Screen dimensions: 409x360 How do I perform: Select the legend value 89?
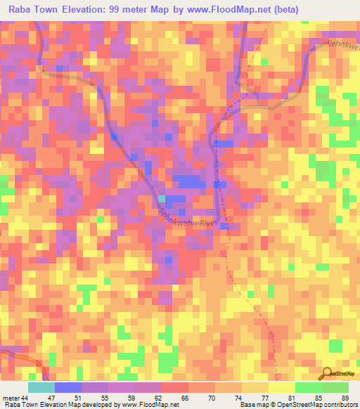click(x=345, y=398)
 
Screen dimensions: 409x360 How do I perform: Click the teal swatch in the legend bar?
click(x=41, y=387)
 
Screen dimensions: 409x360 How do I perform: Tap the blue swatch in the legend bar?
click(x=68, y=387)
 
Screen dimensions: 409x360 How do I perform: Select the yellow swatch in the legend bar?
click(x=281, y=387)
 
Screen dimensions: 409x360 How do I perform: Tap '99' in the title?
click(x=115, y=10)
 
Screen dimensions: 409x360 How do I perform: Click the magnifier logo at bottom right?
click(x=328, y=372)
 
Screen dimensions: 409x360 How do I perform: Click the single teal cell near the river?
click(x=162, y=199)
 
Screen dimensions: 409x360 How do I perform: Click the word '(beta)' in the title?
click(x=287, y=10)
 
